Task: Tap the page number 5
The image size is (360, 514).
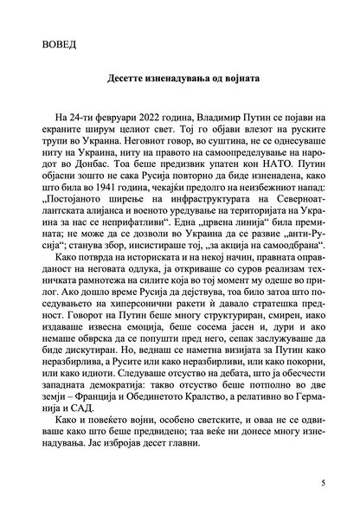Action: coord(322,482)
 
